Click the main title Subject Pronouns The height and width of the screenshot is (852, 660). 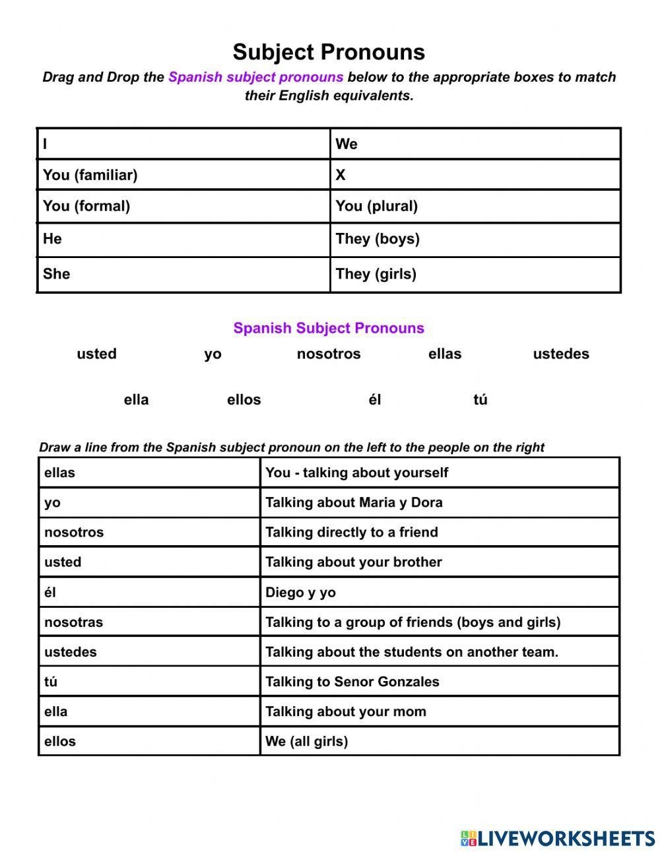pos(329,52)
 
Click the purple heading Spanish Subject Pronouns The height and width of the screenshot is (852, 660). pos(329,328)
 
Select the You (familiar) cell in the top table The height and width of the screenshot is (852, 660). pos(183,175)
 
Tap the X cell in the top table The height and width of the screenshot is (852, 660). pos(475,175)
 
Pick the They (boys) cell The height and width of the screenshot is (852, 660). pos(475,239)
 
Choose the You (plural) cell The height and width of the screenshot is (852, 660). pos(475,206)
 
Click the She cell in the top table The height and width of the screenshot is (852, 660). pos(183,274)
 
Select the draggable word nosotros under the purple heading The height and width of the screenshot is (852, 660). pos(329,354)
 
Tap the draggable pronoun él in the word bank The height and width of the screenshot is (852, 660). pos(375,400)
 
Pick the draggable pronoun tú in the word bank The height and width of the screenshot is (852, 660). pos(480,400)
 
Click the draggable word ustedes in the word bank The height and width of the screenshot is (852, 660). pos(561,354)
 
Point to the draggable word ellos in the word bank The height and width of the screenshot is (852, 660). pos(244,400)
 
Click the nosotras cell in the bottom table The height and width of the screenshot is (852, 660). pos(149,622)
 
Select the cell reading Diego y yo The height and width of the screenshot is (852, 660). pos(440,592)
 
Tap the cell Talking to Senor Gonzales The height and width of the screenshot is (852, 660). pos(440,682)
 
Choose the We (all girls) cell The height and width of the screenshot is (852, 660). pos(440,741)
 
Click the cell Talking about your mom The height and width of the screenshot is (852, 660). pos(440,711)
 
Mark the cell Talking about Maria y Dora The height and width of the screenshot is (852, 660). pos(440,502)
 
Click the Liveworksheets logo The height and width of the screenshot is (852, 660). pos(558,838)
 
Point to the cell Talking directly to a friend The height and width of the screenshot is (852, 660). pos(440,532)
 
